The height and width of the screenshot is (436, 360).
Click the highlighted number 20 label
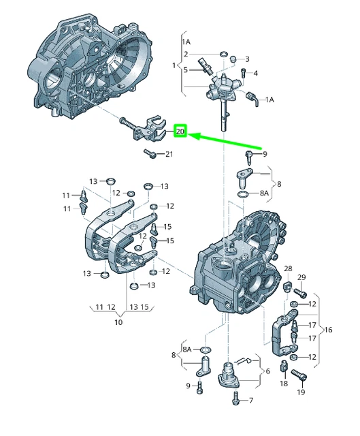(x=180, y=130)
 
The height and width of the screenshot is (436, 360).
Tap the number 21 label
(x=169, y=154)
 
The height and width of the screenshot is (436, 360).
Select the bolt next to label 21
(x=150, y=155)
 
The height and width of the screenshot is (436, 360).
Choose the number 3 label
(x=247, y=59)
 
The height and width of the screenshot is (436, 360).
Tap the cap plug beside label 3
(x=232, y=59)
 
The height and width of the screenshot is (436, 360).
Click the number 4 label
(x=255, y=74)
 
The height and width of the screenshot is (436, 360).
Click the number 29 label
(x=302, y=277)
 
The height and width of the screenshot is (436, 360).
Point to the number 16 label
(x=329, y=330)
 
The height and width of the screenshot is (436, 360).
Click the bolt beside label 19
(x=297, y=374)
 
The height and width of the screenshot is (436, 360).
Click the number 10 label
(x=118, y=322)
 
